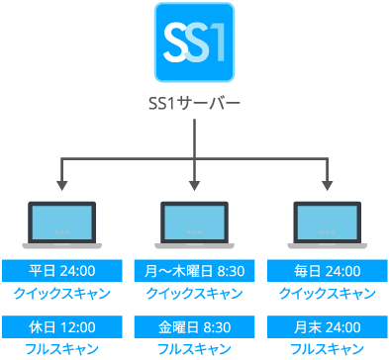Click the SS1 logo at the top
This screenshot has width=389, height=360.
[x=193, y=44]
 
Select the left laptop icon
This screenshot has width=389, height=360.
[x=62, y=224]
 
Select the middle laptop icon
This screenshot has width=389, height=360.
[x=195, y=224]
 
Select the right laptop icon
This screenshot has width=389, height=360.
[x=327, y=224]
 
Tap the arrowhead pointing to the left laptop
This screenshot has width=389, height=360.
[x=62, y=185]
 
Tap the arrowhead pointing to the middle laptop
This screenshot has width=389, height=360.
[x=195, y=185]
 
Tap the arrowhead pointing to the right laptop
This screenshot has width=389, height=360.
[x=327, y=185]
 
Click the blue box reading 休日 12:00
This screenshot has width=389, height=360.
[x=62, y=326]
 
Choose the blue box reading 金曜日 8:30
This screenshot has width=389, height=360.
[x=194, y=326]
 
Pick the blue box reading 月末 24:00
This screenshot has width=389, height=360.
[x=327, y=326]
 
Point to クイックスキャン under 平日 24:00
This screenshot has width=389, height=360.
[x=62, y=294]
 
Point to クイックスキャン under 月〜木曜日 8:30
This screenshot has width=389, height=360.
[x=194, y=294]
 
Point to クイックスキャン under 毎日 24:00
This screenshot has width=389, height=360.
[x=327, y=294]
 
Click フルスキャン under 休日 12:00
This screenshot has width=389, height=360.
[x=62, y=349]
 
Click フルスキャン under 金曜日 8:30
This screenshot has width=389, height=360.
[x=194, y=349]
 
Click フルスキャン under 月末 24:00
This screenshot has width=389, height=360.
[x=327, y=349]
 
